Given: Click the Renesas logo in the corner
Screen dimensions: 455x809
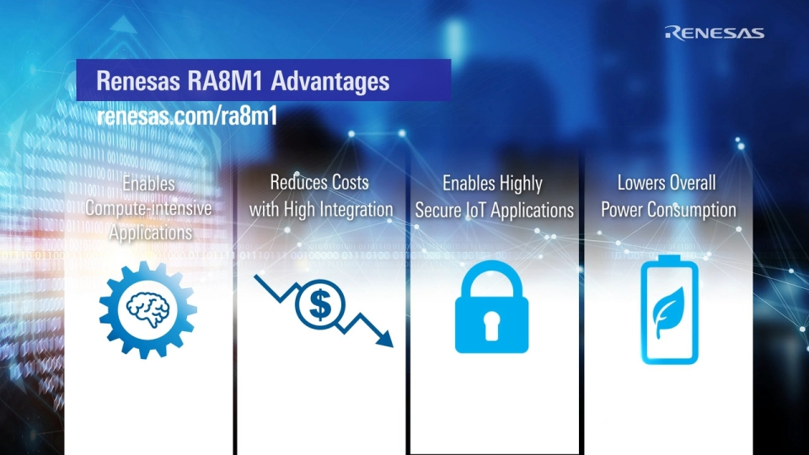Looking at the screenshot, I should point(714,33).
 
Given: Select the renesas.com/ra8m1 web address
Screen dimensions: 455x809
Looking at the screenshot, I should point(187,115).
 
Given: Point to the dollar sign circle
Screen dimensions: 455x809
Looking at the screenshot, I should point(320,305).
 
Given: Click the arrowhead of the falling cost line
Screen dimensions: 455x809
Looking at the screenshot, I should point(384,338).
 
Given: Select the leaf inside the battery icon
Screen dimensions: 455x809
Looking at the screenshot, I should point(669,312).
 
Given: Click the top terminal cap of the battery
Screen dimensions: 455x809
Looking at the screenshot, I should point(669,258).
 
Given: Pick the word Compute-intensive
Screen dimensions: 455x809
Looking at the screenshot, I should point(148,208).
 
